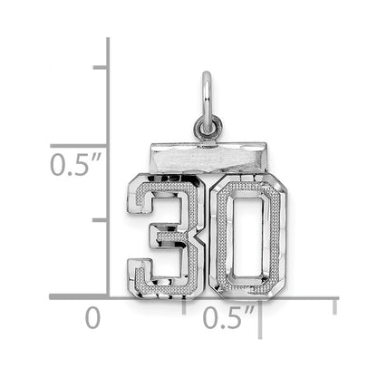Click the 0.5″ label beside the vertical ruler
(x=75, y=164)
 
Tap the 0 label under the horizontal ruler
(x=92, y=318)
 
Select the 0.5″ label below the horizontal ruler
(x=228, y=317)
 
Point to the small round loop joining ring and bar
(x=208, y=129)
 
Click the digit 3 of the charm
(x=165, y=236)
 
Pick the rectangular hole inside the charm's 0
(x=247, y=236)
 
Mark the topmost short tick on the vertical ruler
(x=100, y=67)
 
